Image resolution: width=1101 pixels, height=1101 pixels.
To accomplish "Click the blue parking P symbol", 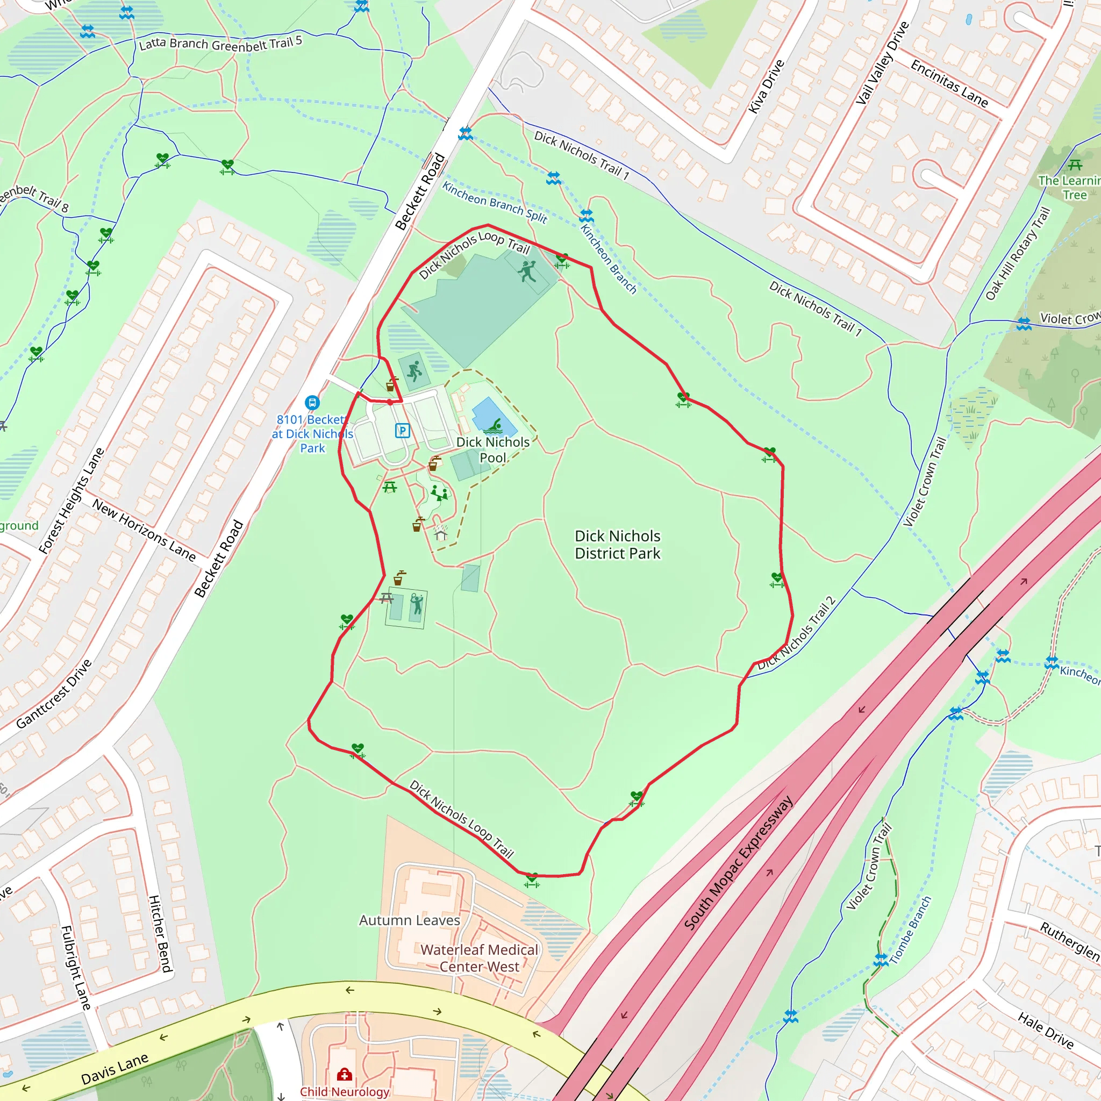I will point(402,430).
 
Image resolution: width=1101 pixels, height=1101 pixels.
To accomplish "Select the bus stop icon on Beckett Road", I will point(312,403).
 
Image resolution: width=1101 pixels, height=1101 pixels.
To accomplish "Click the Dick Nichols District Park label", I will point(617,544).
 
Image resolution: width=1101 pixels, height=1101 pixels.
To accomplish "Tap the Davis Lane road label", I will point(115,1069).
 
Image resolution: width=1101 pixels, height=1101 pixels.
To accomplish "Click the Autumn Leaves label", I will point(409,920).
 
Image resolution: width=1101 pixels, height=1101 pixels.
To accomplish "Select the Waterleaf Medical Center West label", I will point(479,958).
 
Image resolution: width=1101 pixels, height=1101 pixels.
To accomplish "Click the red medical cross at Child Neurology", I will point(344,1075).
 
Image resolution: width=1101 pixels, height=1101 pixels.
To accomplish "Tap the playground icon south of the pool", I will point(439,492).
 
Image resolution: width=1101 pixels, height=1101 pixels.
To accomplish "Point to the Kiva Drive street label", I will point(767,87).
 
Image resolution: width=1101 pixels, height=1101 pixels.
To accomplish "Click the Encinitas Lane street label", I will point(949,83).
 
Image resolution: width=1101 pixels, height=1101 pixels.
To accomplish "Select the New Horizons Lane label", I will point(144,530).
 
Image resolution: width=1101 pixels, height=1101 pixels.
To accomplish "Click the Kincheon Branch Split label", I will point(495,202).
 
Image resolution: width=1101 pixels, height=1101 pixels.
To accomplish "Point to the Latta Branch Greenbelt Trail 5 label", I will point(220,44).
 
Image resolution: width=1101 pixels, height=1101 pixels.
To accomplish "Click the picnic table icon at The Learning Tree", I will point(1075,166).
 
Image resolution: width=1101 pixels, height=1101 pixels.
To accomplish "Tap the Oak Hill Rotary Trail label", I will point(1017,254).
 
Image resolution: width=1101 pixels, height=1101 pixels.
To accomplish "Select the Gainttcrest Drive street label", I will point(54,694).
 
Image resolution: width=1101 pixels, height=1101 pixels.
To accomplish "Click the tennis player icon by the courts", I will point(417,604).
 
